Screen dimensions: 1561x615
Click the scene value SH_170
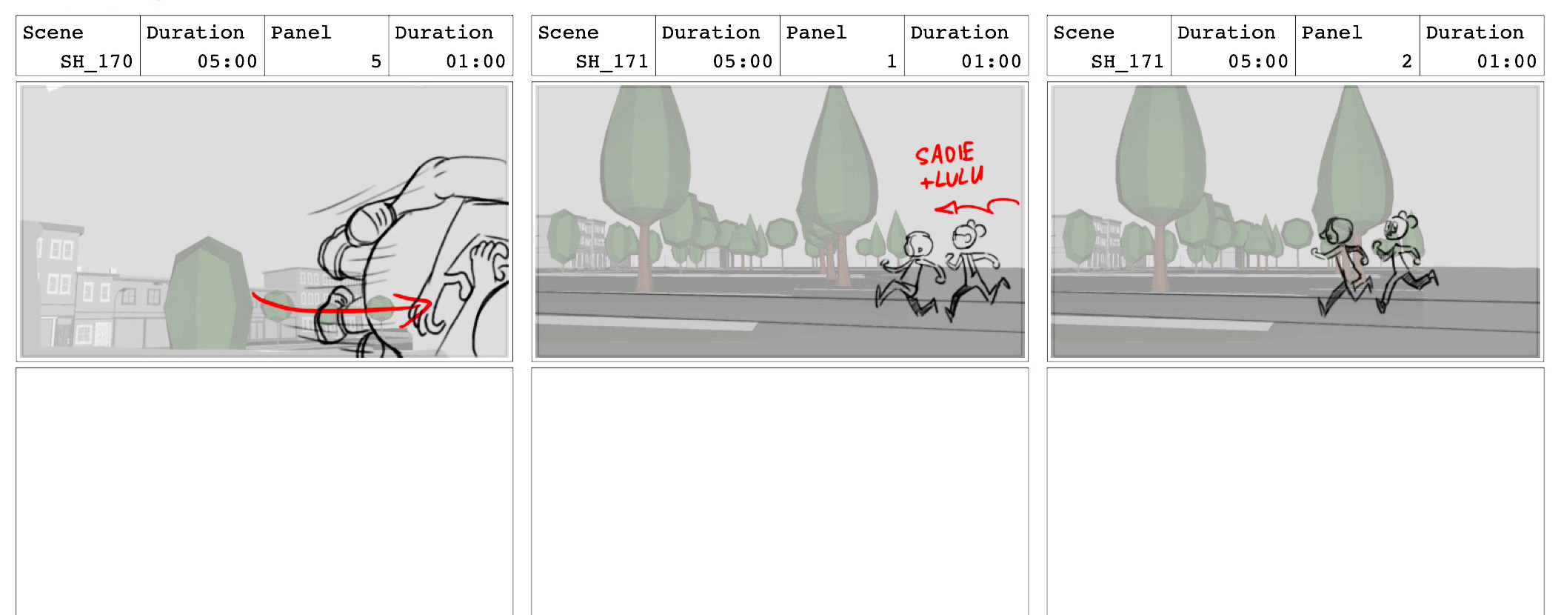(96, 61)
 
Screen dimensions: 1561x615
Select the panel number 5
(376, 61)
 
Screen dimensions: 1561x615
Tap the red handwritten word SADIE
(945, 153)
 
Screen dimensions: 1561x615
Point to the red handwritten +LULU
(952, 177)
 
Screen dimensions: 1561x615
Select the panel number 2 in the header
(1407, 61)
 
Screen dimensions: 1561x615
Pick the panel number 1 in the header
(892, 61)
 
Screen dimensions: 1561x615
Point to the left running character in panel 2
(1342, 265)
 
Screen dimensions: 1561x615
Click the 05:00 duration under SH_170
(227, 61)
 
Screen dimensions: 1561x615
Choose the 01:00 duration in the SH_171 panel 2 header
(1507, 61)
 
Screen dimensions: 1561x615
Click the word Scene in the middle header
(568, 33)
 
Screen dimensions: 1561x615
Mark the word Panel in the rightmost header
(1331, 33)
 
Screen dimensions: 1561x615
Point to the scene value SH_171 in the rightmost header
(1127, 61)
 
